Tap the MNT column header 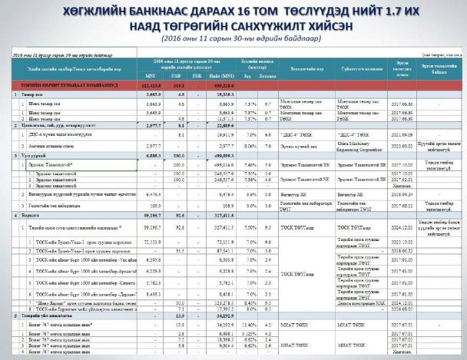[151, 76]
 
